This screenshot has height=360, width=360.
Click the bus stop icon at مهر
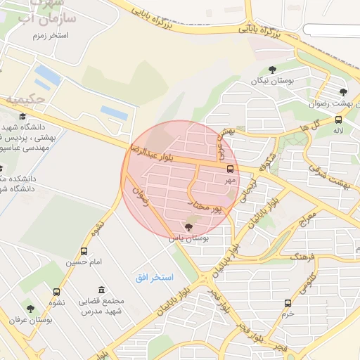(231, 169)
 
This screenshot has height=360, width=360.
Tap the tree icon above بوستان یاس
(187, 226)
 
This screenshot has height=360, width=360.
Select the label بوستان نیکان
(271, 81)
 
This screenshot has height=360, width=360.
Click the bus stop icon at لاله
(339, 120)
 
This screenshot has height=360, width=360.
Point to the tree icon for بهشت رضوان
(343, 92)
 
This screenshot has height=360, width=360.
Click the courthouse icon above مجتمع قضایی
(102, 290)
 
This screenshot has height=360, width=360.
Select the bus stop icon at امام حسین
(84, 251)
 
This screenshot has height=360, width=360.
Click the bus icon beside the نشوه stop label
(56, 292)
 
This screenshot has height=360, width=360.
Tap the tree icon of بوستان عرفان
(30, 309)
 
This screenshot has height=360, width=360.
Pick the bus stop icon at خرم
(287, 303)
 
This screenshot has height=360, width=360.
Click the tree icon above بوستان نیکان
(272, 69)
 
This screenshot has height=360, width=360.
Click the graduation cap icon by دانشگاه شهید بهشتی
(22, 117)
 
